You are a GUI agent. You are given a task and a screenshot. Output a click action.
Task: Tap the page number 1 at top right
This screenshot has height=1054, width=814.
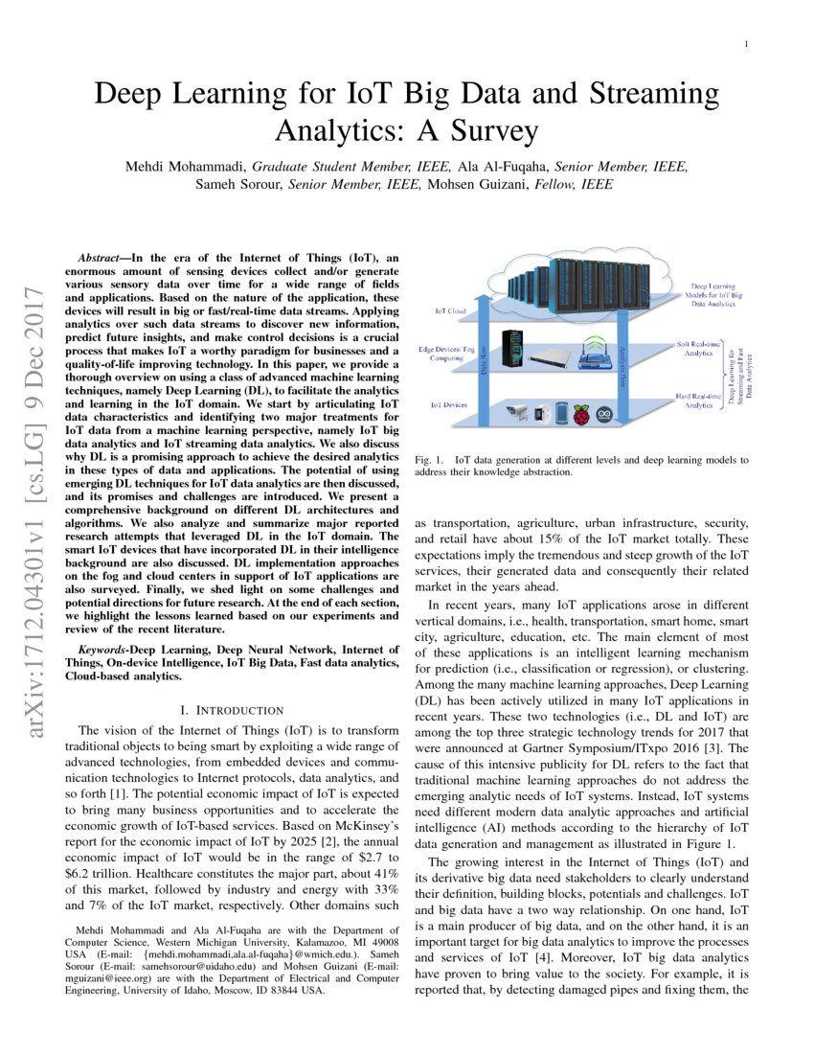pos(745,44)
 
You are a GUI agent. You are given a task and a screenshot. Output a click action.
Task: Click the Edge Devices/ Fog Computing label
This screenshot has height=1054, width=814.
pos(447,355)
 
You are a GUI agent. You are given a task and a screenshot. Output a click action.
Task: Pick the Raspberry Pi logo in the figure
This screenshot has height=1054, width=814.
pos(582,413)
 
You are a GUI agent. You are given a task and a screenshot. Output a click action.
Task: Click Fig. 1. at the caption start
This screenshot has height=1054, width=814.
pos(427,460)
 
